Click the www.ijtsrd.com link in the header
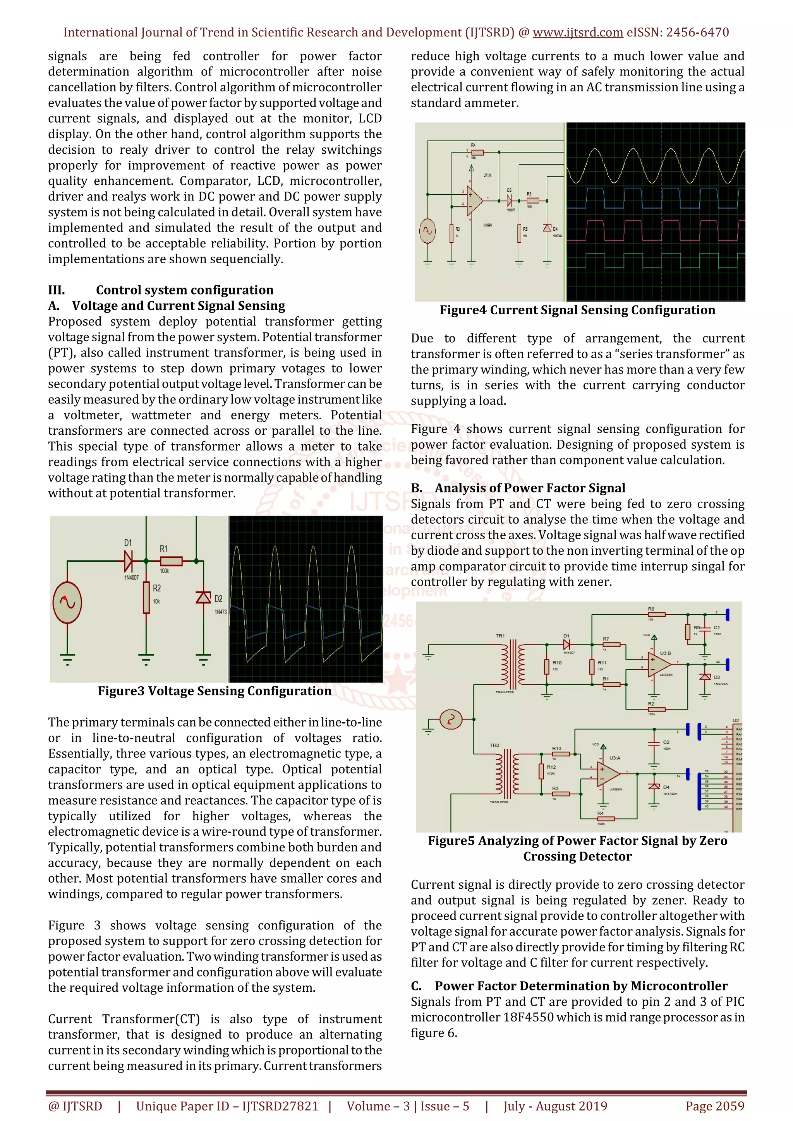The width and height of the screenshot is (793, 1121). coord(577,33)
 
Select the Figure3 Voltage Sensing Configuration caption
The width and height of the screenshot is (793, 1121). coord(215,691)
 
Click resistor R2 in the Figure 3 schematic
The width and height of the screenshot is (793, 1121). coord(146,598)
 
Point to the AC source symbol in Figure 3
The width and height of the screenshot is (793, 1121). coord(67,602)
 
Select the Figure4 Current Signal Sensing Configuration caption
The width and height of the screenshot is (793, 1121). coord(577,310)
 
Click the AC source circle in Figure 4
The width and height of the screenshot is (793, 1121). coord(428,231)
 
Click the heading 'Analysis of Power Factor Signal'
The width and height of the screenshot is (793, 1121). coord(530,488)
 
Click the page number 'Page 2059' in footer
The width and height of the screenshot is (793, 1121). coord(714,1106)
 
